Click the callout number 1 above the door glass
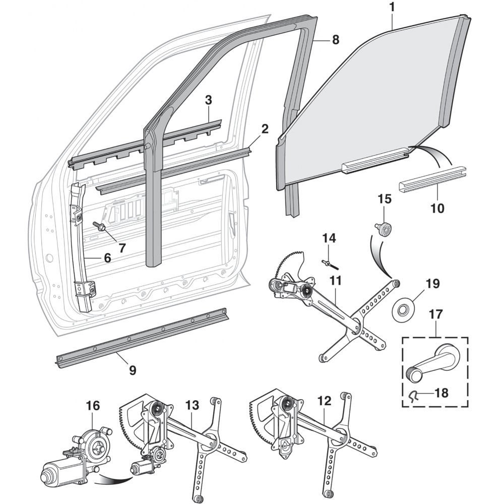pyautogui.click(x=392, y=8)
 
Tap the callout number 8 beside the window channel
pyautogui.click(x=335, y=40)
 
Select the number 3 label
pyautogui.click(x=208, y=100)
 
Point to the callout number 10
pyautogui.click(x=437, y=208)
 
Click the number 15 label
pyautogui.click(x=385, y=199)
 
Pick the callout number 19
pyautogui.click(x=432, y=283)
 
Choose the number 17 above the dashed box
pyautogui.click(x=435, y=314)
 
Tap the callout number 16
pyautogui.click(x=93, y=406)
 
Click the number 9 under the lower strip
pyautogui.click(x=133, y=370)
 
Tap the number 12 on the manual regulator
pyautogui.click(x=324, y=401)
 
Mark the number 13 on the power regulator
pyautogui.click(x=192, y=406)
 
